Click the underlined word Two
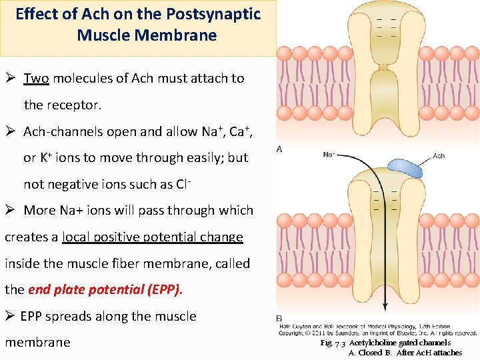36,78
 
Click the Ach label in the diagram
439,156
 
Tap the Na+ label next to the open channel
329,155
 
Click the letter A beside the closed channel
279,149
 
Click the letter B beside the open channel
279,318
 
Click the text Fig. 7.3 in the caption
333,343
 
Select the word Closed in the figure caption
370,353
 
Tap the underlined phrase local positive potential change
152,237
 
